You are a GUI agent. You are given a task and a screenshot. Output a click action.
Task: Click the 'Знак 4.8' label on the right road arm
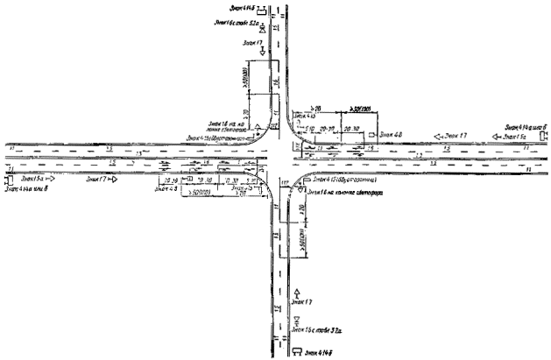(x=391, y=134)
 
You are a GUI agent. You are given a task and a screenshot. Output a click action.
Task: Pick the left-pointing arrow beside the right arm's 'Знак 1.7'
(x=435, y=137)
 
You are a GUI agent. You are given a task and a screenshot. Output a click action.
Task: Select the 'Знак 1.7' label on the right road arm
(x=456, y=136)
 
